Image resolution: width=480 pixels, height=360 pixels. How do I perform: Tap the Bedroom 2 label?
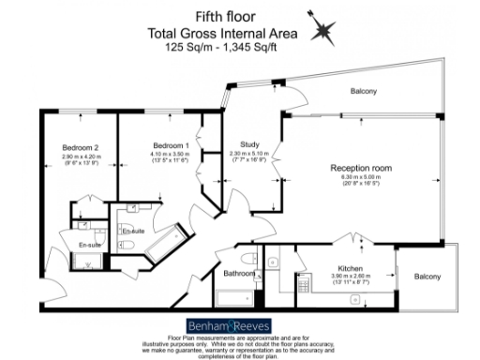coord(81,148)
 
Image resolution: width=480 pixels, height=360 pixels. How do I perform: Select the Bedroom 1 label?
coord(172,146)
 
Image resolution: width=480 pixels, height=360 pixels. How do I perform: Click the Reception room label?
coord(361,169)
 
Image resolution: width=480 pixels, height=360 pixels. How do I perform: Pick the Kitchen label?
coord(350,269)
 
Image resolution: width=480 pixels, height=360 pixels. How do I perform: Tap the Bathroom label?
coord(238,274)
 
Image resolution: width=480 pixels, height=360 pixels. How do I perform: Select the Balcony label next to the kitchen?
coord(428,277)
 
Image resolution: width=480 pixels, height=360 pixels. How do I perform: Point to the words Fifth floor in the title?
coord(225,16)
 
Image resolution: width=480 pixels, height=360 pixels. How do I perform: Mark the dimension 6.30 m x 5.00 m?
coord(361,178)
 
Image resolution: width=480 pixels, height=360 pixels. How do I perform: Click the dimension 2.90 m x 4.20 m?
coord(81,157)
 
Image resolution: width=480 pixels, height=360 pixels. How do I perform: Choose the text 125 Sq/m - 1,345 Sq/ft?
coord(225,45)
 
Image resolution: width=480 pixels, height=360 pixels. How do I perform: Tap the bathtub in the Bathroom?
coord(235,298)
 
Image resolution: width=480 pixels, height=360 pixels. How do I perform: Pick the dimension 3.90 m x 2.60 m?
coord(350,277)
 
